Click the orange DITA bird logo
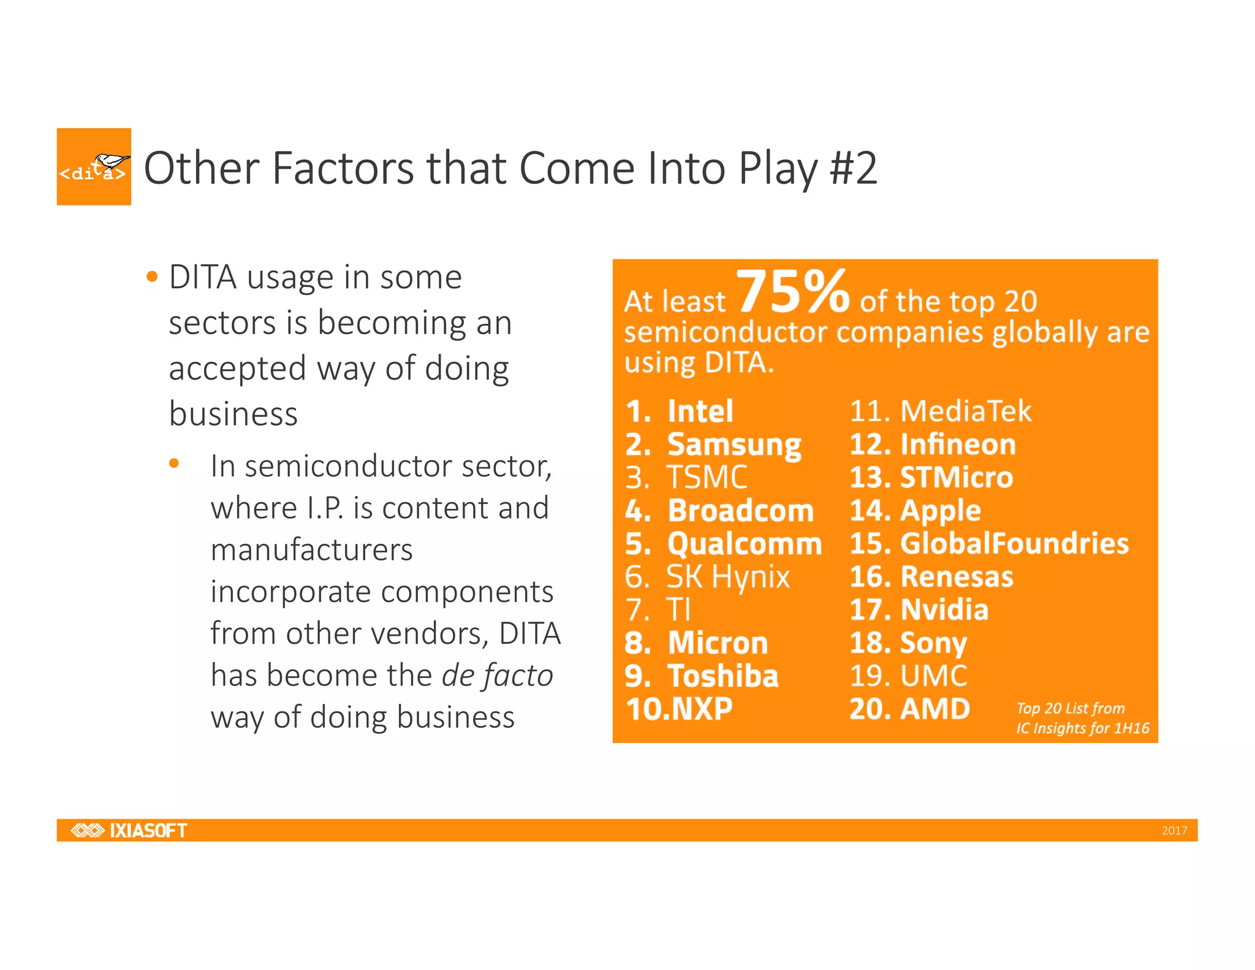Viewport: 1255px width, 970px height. click(x=94, y=167)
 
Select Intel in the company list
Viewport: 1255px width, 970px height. click(x=700, y=411)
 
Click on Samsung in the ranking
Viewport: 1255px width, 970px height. click(x=734, y=445)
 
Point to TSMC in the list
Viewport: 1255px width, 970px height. click(x=707, y=478)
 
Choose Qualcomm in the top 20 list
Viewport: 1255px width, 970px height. click(x=744, y=544)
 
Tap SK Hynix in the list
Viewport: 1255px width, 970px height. click(x=727, y=577)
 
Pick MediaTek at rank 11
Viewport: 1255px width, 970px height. click(x=965, y=411)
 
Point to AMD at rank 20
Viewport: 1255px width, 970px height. click(x=935, y=709)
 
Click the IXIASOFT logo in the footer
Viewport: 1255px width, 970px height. click(x=129, y=830)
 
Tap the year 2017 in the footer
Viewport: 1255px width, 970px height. click(x=1173, y=831)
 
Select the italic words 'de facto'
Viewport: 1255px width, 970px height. click(x=497, y=676)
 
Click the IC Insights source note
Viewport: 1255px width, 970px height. click(x=1082, y=718)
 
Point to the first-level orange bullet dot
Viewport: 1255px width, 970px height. click(x=152, y=277)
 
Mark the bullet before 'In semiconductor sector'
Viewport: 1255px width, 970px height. click(x=174, y=464)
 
